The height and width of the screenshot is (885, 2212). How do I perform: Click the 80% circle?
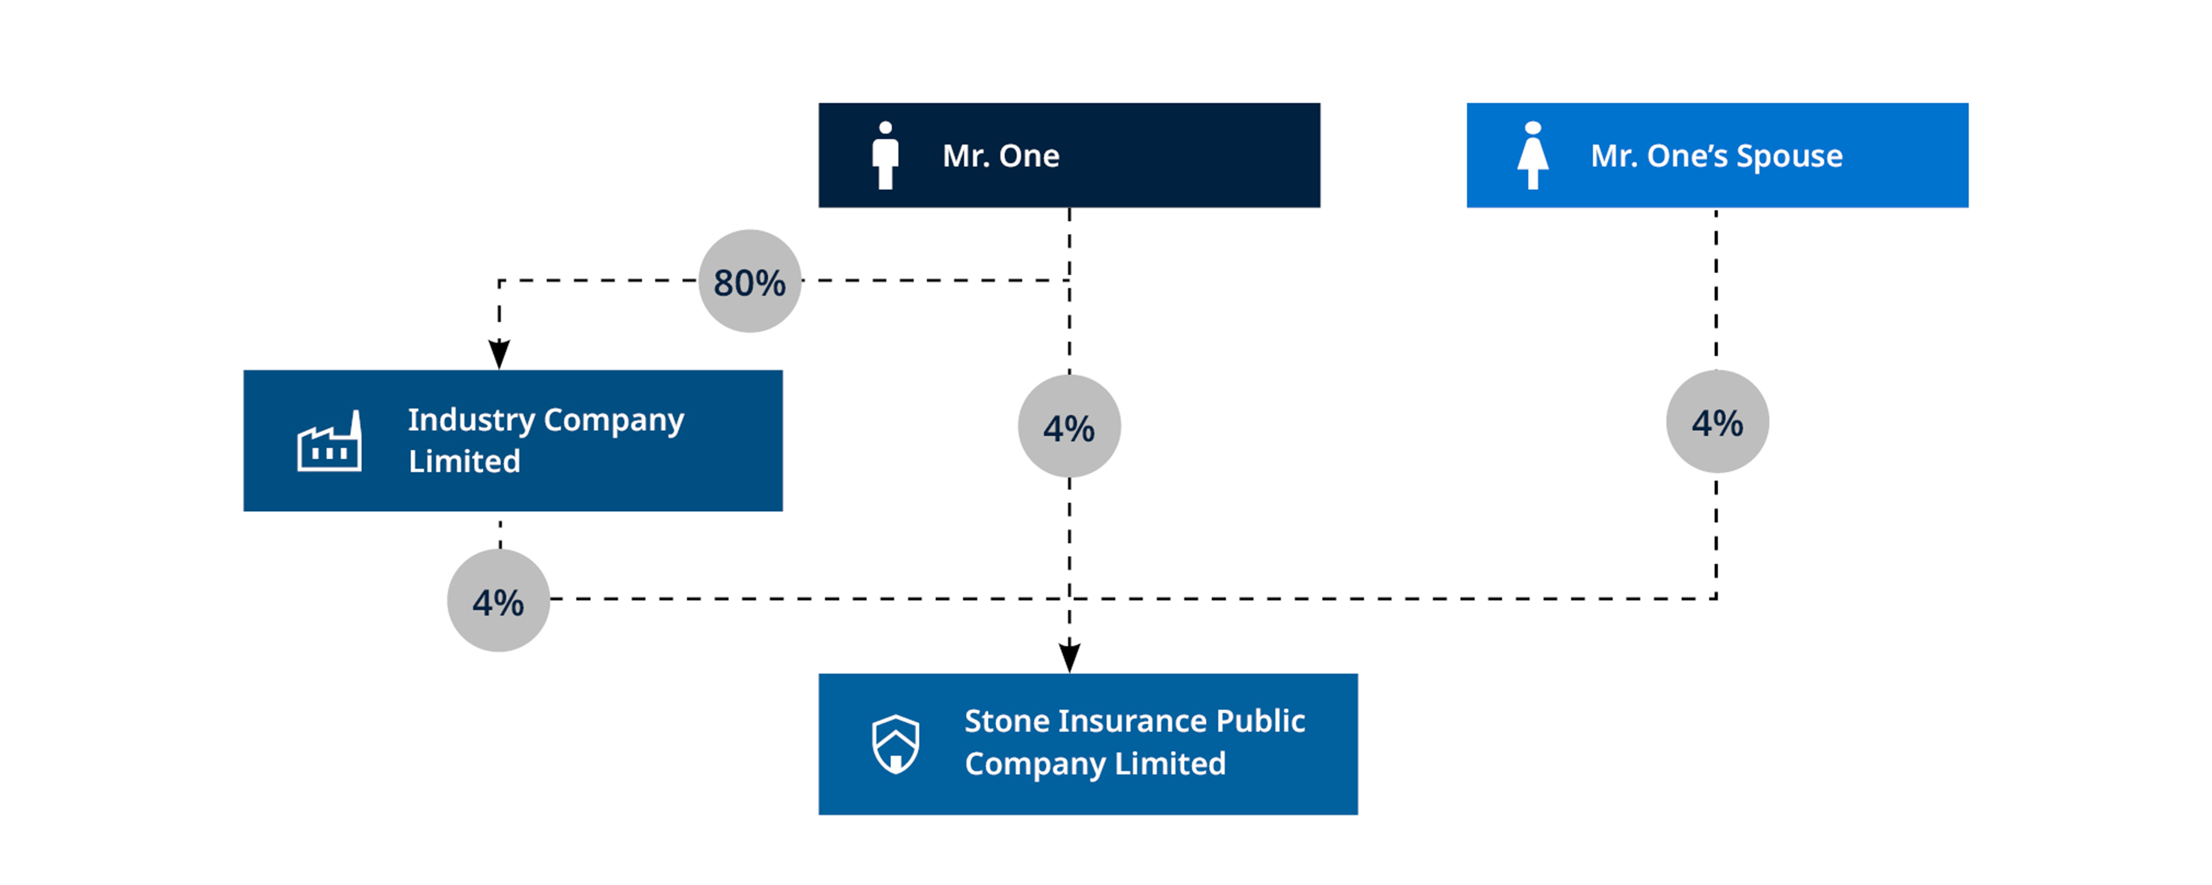click(749, 281)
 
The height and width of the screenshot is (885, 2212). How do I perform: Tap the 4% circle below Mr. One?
click(1069, 426)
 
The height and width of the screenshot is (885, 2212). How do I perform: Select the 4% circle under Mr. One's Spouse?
click(1717, 422)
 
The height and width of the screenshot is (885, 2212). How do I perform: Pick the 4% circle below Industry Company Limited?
click(498, 601)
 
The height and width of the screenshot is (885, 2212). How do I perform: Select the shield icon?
click(895, 744)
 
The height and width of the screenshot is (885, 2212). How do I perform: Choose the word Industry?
click(472, 420)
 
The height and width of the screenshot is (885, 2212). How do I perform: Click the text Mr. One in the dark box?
click(1001, 156)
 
